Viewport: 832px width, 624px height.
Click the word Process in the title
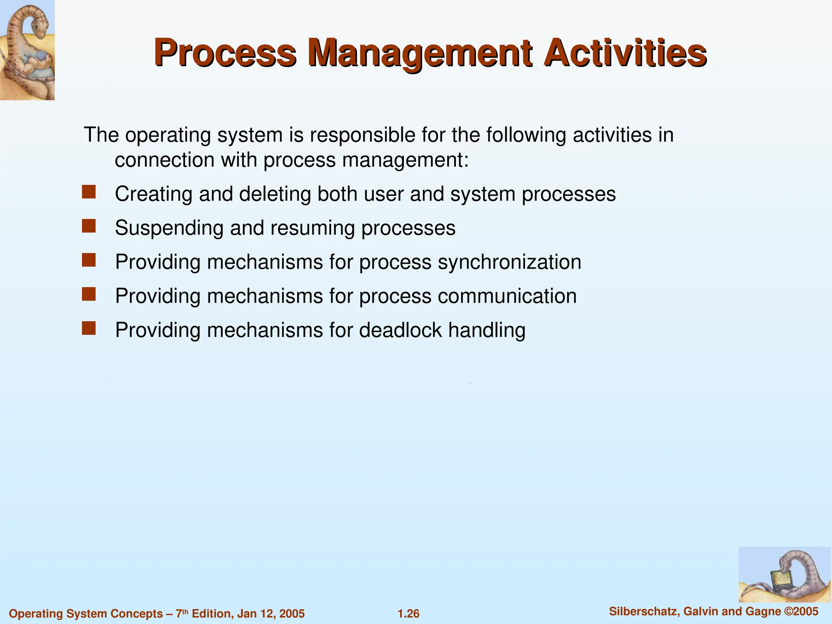click(225, 53)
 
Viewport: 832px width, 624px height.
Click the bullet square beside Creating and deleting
click(89, 192)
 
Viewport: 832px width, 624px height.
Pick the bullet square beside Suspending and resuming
click(89, 226)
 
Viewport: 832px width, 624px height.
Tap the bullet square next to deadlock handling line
click(89, 328)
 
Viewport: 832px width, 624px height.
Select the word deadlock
click(400, 330)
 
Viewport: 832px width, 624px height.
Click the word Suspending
click(169, 228)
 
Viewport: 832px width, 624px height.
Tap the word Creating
click(154, 194)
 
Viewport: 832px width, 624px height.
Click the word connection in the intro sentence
click(165, 160)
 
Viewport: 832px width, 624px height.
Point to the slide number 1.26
click(408, 613)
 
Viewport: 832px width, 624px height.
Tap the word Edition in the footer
click(211, 613)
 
